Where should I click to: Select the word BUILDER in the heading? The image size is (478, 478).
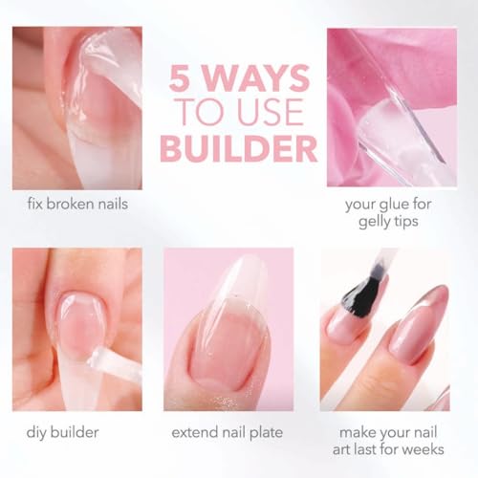coord(239,148)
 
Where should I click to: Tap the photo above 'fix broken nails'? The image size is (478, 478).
coord(78,108)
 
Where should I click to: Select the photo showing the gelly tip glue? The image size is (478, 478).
coord(396,107)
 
